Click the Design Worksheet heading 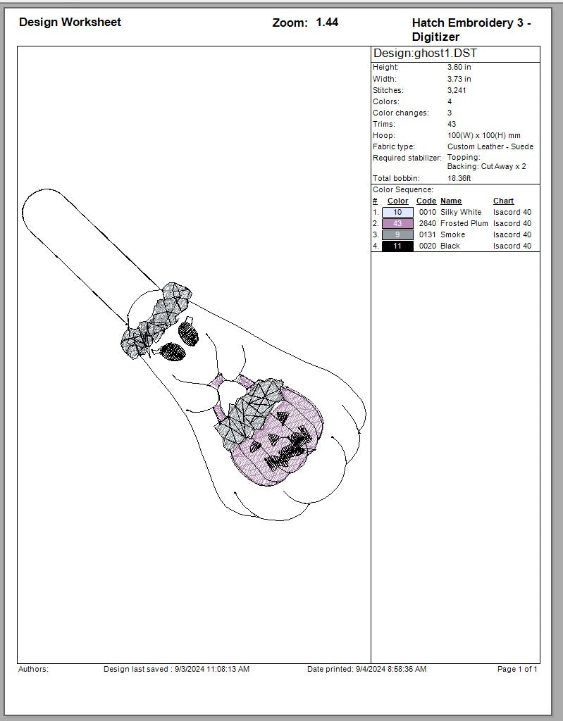(x=70, y=22)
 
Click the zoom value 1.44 (x=327, y=22)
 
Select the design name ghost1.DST (x=445, y=54)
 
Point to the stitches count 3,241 (x=457, y=90)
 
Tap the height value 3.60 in (x=459, y=67)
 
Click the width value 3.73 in (x=459, y=79)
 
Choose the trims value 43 (x=452, y=124)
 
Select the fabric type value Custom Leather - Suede (x=490, y=146)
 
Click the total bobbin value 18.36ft (x=459, y=178)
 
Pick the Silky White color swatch (x=397, y=213)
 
